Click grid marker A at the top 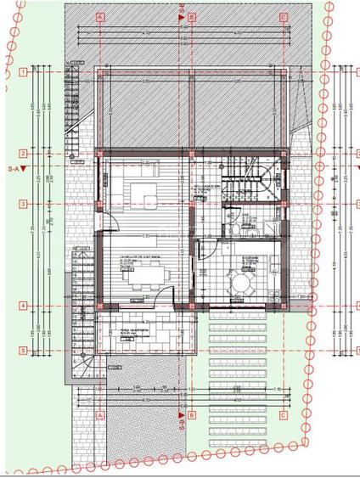click(100, 16)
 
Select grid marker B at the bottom click(192, 416)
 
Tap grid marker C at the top click(282, 16)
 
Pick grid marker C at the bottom click(282, 416)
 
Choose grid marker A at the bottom click(100, 416)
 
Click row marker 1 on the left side click(25, 73)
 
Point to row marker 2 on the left click(25, 154)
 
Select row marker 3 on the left click(25, 204)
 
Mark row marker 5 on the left click(25, 350)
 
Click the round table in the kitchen click(244, 281)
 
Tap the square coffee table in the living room click(151, 202)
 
